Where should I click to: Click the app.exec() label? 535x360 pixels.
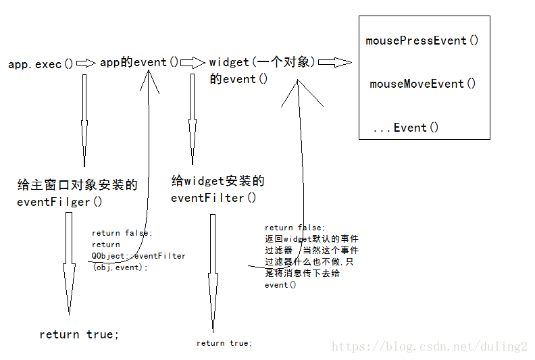(41, 64)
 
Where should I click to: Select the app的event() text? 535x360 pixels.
(140, 62)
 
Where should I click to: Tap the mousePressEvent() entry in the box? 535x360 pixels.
(422, 41)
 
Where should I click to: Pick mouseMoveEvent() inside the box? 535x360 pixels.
(423, 84)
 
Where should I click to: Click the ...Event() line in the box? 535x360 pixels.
(405, 128)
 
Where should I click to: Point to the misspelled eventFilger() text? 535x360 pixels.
(59, 201)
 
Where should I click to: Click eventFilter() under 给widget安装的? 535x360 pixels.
(213, 198)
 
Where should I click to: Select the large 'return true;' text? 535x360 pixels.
(79, 334)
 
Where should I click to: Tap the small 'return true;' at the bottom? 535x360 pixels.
(224, 343)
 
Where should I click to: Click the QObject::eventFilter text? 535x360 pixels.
(138, 256)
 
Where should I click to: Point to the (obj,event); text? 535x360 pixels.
(120, 267)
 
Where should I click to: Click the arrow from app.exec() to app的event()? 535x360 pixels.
(86, 63)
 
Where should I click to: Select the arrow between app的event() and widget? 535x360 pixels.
(193, 63)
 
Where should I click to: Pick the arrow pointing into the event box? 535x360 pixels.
(335, 63)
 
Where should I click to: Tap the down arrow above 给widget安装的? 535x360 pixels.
(193, 128)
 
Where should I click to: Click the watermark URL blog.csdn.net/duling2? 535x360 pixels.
(429, 346)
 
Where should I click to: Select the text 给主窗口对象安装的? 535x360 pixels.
(77, 184)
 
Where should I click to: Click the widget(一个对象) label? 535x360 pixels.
(262, 62)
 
